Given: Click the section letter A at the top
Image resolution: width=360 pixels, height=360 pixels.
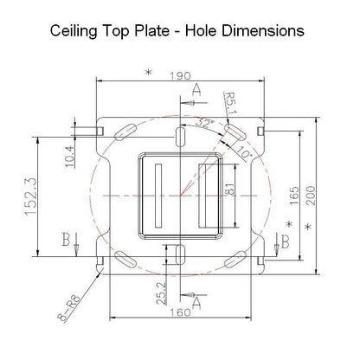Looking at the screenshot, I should click(x=197, y=90).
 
